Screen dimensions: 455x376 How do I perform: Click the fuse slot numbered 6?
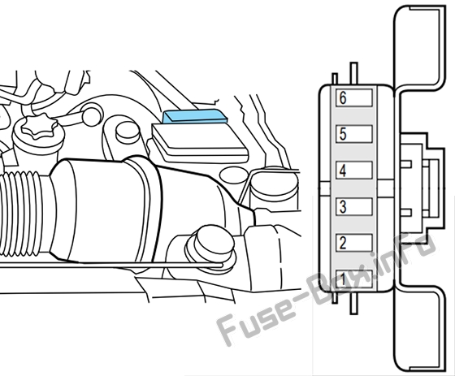click(x=354, y=97)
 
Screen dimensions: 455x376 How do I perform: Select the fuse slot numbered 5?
click(x=354, y=134)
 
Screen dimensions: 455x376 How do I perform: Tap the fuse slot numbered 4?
click(x=354, y=171)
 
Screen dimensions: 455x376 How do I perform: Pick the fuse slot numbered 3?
click(x=354, y=206)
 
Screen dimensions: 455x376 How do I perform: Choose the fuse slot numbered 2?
click(x=354, y=243)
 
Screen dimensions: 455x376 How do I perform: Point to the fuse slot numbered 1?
click(x=354, y=279)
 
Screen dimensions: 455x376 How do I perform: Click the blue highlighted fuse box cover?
click(x=195, y=116)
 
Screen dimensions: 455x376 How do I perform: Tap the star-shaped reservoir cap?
click(x=40, y=126)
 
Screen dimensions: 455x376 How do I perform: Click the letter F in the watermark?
click(x=229, y=329)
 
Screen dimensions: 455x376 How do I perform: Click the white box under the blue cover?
click(x=200, y=143)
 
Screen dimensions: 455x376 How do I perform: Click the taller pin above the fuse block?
click(x=354, y=74)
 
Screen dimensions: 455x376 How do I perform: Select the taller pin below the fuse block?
click(x=354, y=303)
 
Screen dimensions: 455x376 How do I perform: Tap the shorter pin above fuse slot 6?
click(x=335, y=80)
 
